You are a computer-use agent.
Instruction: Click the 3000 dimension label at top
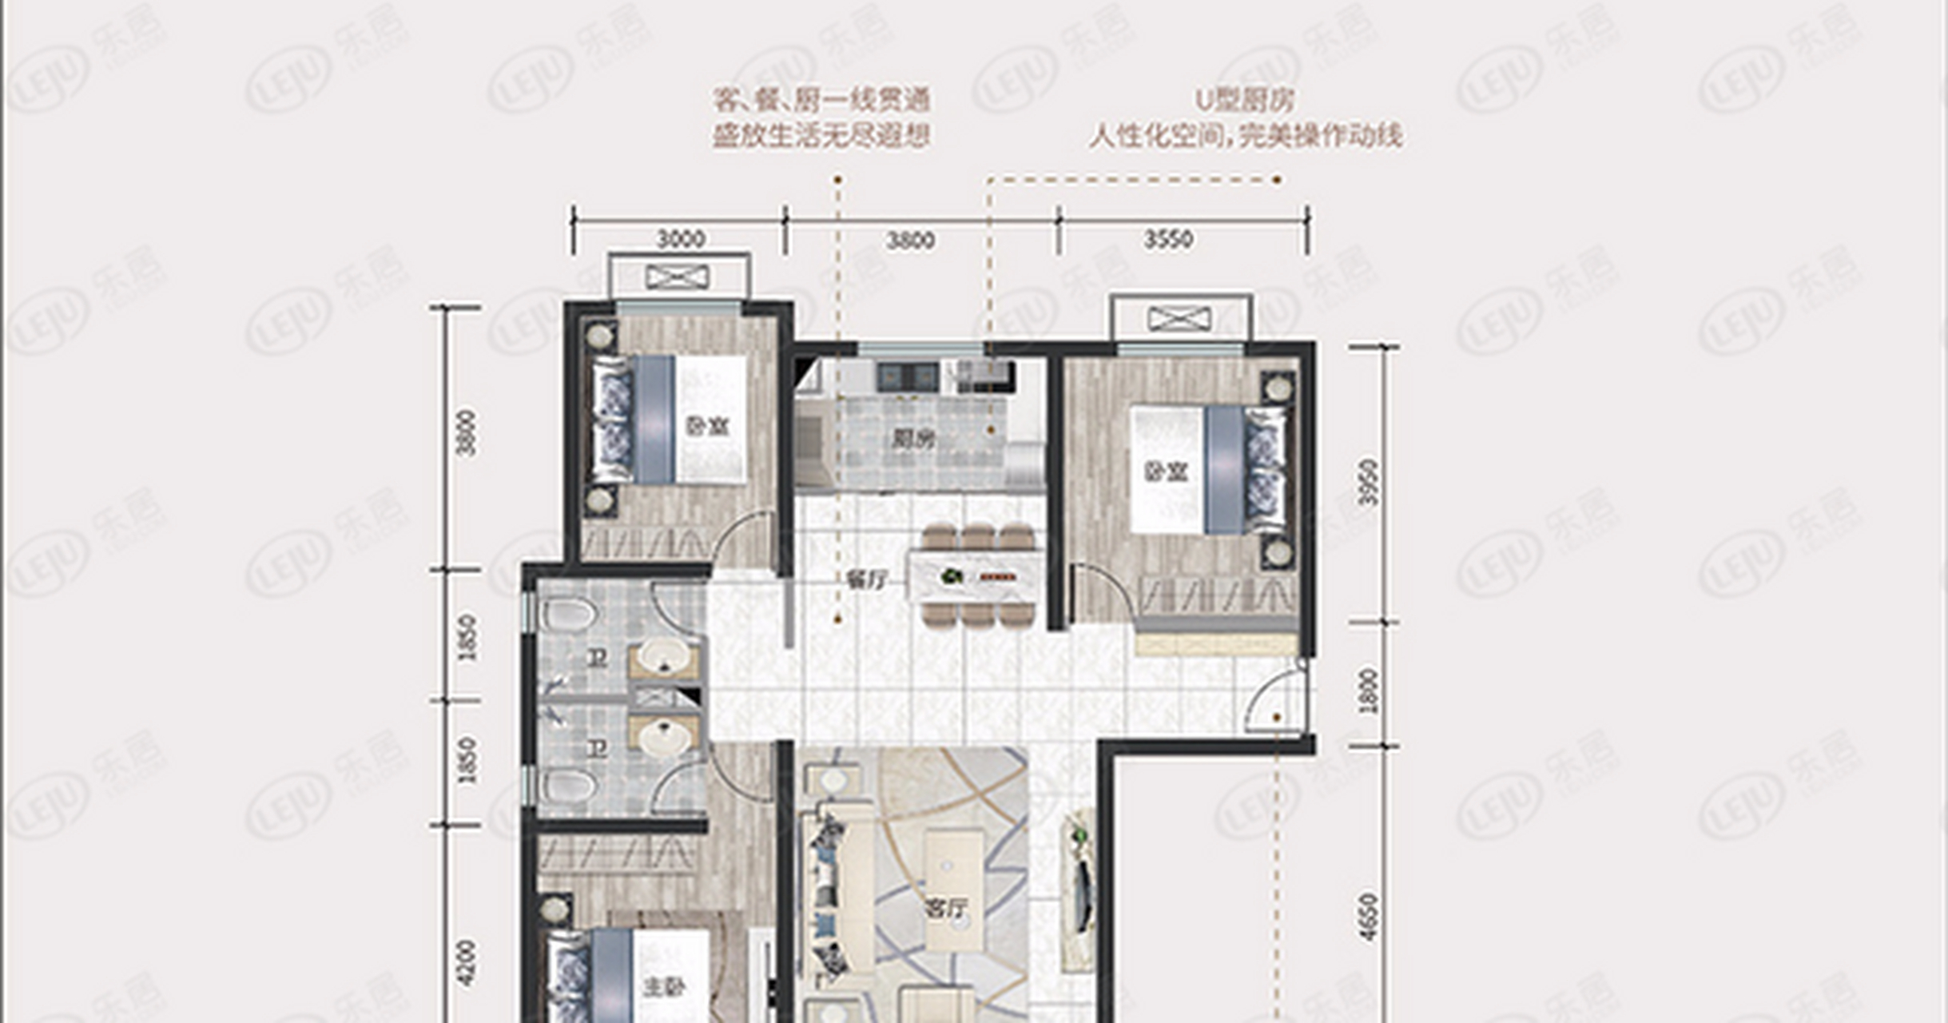(680, 239)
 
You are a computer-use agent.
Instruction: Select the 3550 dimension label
(1167, 239)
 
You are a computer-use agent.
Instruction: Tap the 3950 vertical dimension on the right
(1370, 482)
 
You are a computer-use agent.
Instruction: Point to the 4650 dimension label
(1370, 918)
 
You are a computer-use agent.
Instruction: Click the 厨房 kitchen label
(913, 439)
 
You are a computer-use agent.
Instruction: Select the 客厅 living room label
(946, 909)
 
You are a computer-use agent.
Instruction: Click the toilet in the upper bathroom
(569, 615)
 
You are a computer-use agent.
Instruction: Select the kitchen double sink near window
(907, 376)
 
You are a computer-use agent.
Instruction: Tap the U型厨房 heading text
(1245, 101)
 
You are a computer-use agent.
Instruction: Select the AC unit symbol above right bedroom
(1179, 319)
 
